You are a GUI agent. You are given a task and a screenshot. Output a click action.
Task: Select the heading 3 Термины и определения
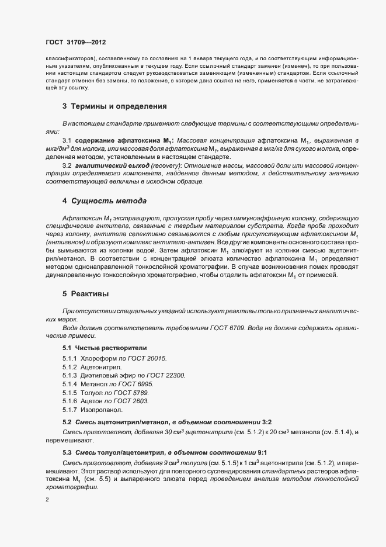115,106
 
